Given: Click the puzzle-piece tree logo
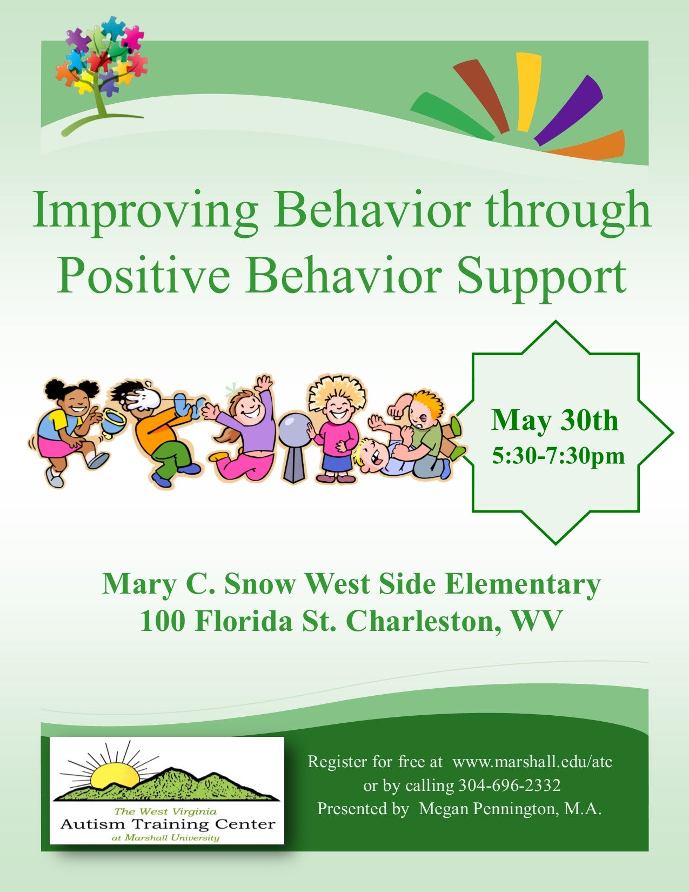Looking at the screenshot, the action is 102,74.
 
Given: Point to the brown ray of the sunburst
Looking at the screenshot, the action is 481,95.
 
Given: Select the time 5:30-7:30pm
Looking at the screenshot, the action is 558,456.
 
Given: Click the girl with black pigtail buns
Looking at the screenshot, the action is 70,431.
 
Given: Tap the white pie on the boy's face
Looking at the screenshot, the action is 141,397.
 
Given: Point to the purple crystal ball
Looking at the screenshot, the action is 294,429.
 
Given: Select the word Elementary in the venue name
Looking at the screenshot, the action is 523,584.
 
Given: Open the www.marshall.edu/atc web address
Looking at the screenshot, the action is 532,762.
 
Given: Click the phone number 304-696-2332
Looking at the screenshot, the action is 509,786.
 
